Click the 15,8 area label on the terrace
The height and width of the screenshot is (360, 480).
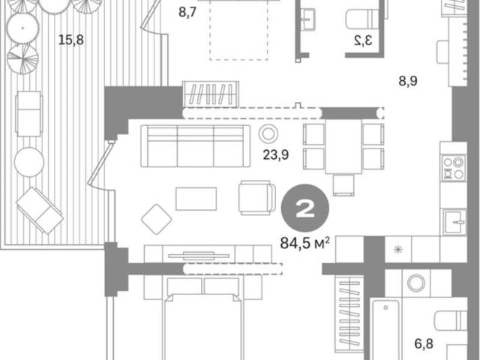click(x=71, y=40)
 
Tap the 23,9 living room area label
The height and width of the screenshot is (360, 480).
click(x=276, y=155)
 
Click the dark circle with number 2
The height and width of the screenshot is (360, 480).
click(x=305, y=208)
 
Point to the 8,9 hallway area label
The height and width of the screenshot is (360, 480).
click(x=408, y=81)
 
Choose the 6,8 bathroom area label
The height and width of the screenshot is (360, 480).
click(x=424, y=343)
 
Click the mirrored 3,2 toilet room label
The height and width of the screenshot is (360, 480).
click(x=363, y=40)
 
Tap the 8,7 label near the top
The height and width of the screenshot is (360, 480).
click(x=187, y=13)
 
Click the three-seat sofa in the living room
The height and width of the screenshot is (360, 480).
click(x=195, y=146)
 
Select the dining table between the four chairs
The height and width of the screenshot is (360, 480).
click(x=343, y=147)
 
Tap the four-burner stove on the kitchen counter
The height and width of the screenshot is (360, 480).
click(x=454, y=167)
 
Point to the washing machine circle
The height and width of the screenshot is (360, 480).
click(x=416, y=283)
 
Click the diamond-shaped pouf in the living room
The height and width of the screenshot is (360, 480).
click(x=157, y=219)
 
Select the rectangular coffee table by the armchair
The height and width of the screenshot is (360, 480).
click(x=196, y=199)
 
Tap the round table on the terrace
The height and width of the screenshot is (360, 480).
click(x=29, y=162)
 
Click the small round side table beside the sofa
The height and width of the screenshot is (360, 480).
click(x=268, y=133)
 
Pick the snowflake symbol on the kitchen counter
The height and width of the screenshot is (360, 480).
click(x=398, y=250)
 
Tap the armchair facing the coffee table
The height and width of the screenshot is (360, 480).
click(x=256, y=197)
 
